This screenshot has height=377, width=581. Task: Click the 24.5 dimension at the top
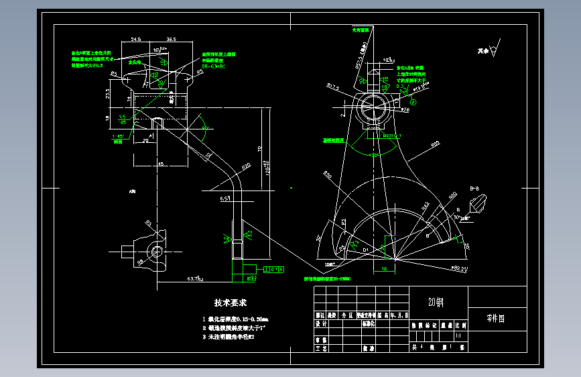(x=136, y=40)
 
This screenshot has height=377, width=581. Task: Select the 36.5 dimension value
(x=171, y=40)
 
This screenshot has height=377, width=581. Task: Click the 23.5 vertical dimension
(x=109, y=94)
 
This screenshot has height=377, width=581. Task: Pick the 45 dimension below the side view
(x=160, y=164)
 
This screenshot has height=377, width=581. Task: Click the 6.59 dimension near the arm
(x=226, y=199)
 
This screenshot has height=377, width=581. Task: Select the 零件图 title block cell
(x=496, y=319)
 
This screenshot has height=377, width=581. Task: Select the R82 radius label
(x=435, y=144)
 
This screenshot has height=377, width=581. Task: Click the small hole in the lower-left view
(x=157, y=251)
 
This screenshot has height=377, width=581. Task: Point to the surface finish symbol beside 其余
(x=494, y=49)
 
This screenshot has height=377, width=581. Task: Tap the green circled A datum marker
(x=413, y=102)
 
